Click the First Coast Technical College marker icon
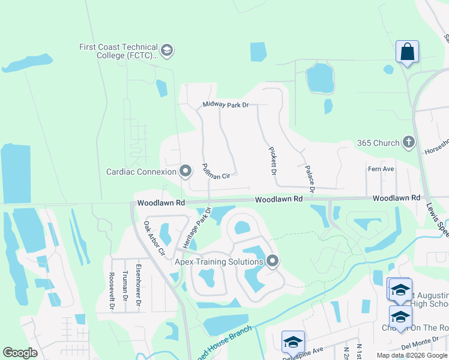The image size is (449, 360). [167, 50]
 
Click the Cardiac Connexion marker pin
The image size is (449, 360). [185, 172]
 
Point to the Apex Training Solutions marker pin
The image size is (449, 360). [273, 261]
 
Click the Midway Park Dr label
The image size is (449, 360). [225, 105]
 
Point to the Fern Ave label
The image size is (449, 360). [381, 169]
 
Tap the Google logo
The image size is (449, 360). [20, 353]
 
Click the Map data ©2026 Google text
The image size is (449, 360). [412, 355]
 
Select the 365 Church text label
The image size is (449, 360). [378, 143]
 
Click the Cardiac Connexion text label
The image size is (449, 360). [142, 172]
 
